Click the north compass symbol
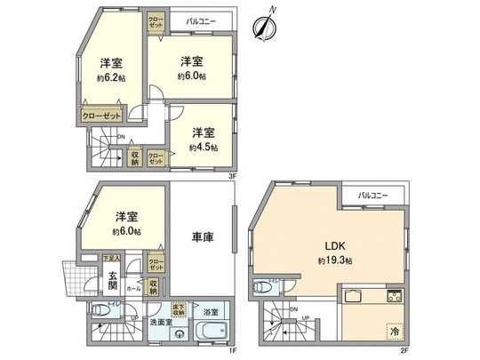point(264,27)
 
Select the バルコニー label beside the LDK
point(377,195)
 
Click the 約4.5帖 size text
point(203,147)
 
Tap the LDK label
point(335,245)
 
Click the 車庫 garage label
point(203,238)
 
